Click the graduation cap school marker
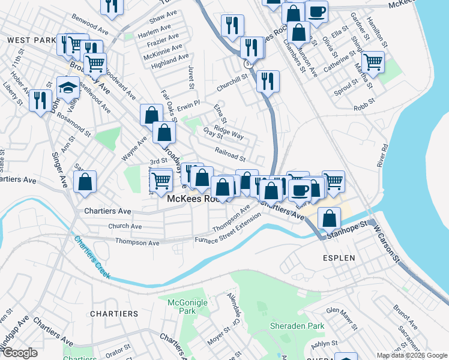click(x=68, y=88)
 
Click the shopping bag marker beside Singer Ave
click(x=85, y=182)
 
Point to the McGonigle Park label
click(x=182, y=307)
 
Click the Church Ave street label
click(x=125, y=226)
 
